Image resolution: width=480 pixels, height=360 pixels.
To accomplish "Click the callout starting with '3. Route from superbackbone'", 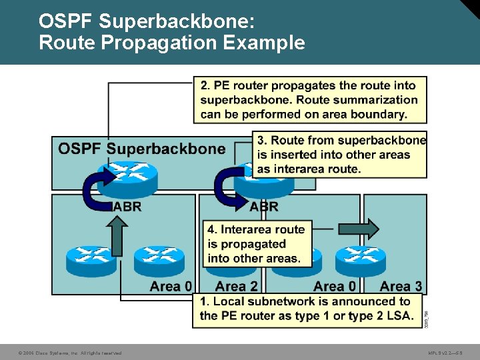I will pos(341,154).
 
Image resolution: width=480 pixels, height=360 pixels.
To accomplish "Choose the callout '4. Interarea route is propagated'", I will pos(257,243).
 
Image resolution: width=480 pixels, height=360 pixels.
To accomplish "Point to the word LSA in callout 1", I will pos(399,315).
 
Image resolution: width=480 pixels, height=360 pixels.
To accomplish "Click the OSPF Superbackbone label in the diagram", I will pos(142,148).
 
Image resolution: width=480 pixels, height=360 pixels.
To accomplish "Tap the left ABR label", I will pos(127,206).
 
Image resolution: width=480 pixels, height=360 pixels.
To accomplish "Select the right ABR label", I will pos(263,206).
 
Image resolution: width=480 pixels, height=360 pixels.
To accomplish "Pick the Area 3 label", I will pos(401,287).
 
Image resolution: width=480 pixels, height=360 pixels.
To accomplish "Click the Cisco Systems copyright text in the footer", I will pos(70,353).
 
